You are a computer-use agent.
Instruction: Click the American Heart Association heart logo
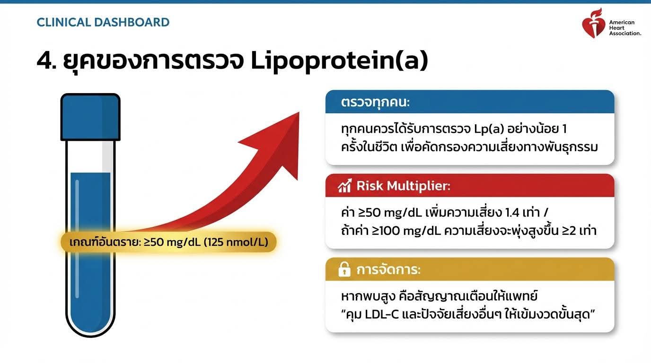593,23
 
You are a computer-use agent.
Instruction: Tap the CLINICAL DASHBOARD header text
103,22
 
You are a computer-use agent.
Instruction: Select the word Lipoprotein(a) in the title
339,60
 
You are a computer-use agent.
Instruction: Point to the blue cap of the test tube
90,117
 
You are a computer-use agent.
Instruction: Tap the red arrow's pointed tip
299,112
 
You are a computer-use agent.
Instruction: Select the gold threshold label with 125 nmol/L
168,242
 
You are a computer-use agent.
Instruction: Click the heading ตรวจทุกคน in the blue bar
375,103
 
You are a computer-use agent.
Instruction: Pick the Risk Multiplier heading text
403,186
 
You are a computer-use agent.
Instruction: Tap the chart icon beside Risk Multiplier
345,186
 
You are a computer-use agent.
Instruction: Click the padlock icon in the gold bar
344,269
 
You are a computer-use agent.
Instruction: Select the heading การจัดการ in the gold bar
388,270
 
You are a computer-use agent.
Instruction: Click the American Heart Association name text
625,28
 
